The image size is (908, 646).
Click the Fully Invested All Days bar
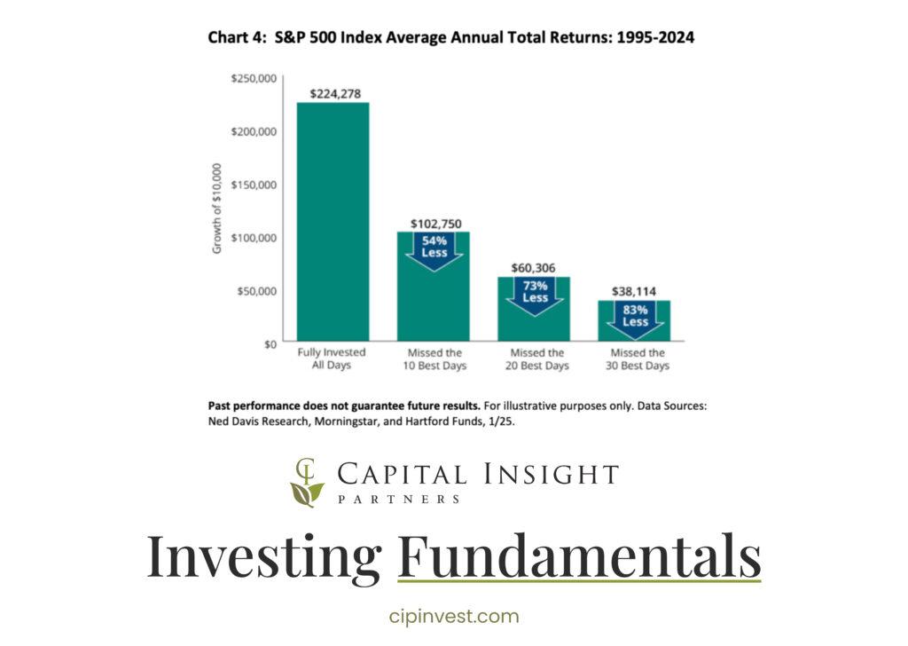[x=332, y=222]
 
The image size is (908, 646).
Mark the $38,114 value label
[x=635, y=291]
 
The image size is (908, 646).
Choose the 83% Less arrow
[x=635, y=318]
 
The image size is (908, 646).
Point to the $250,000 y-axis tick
[x=254, y=79]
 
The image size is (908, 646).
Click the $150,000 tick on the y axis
[x=254, y=185]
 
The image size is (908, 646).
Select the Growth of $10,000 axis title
[x=217, y=210]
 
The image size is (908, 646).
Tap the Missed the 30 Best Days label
[x=635, y=359]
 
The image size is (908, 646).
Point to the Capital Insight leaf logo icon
[x=307, y=483]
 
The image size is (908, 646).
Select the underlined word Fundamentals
[x=579, y=555]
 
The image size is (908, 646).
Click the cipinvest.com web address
[x=454, y=617]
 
